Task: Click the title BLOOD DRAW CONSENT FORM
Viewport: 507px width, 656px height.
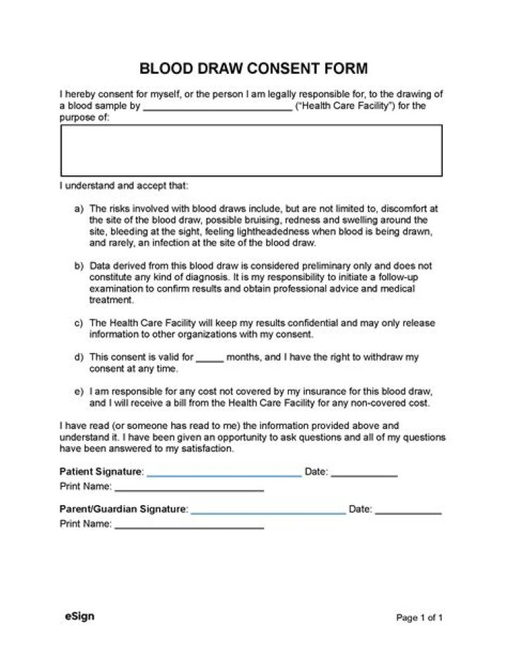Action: (x=254, y=68)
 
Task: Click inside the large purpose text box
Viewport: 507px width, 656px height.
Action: (x=251, y=150)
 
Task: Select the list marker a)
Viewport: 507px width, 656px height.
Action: (x=80, y=209)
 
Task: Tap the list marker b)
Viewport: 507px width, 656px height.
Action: (x=80, y=266)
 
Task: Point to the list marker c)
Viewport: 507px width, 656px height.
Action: (x=80, y=323)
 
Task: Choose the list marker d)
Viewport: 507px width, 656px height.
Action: (x=80, y=357)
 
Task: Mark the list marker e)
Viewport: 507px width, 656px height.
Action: (x=80, y=391)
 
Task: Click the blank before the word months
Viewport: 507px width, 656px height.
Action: (x=209, y=359)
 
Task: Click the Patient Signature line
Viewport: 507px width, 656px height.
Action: (x=224, y=474)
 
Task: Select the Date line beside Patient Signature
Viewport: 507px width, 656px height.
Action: (x=364, y=474)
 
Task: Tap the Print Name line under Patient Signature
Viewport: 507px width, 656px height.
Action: (x=189, y=488)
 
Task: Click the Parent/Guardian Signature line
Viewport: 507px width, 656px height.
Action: (x=268, y=511)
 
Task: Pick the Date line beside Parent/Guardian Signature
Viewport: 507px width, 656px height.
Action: (x=408, y=511)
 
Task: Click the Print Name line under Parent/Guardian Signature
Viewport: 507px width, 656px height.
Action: (x=189, y=526)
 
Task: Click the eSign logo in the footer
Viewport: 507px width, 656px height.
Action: (x=79, y=616)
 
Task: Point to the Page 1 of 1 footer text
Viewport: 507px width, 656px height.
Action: (x=419, y=618)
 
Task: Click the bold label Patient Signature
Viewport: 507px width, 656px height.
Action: (x=101, y=471)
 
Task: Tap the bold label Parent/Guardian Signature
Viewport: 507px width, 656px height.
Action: (x=123, y=509)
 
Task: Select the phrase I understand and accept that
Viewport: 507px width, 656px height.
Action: (x=124, y=187)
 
